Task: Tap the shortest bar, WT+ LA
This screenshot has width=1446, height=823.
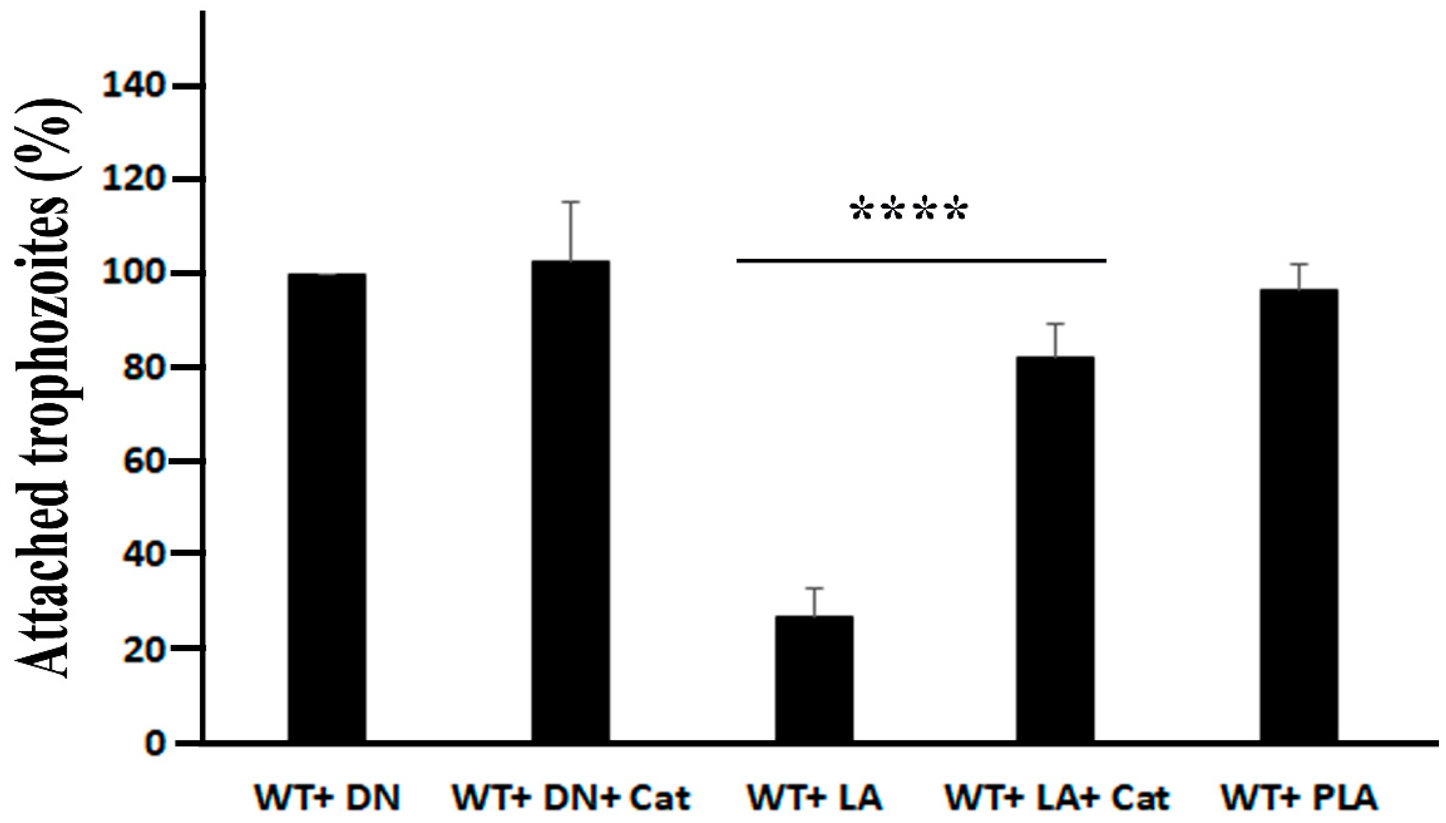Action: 814,678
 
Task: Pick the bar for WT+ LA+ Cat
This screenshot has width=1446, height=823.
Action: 1055,548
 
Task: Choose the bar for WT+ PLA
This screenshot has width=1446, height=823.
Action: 1298,514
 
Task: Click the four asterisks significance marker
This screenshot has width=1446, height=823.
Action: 909,211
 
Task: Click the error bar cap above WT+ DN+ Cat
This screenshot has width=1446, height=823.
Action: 571,202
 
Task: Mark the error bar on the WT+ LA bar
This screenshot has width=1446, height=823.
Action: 814,602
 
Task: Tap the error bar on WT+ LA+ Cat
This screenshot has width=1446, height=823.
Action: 1055,340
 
